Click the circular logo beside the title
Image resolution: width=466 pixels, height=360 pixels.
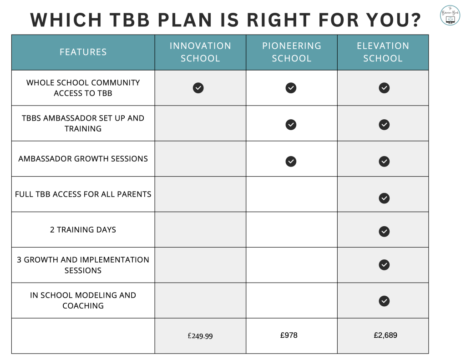pyautogui.click(x=450, y=15)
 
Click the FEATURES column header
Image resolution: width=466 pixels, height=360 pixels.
pyautogui.click(x=83, y=52)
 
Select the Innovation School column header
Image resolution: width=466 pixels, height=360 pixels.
pyautogui.click(x=200, y=52)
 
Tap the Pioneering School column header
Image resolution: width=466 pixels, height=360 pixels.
pyautogui.click(x=292, y=52)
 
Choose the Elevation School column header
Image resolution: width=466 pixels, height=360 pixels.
pyautogui.click(x=383, y=52)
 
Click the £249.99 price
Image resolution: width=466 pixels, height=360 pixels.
pyautogui.click(x=200, y=336)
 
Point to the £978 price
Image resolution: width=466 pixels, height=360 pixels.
pyautogui.click(x=289, y=335)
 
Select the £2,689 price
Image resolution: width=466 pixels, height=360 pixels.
pyautogui.click(x=385, y=335)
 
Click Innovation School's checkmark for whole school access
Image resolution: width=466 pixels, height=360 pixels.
pyautogui.click(x=198, y=88)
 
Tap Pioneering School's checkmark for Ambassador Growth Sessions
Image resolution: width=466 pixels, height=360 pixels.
pyautogui.click(x=291, y=162)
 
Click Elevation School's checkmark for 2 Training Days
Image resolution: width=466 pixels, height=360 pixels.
pyautogui.click(x=384, y=231)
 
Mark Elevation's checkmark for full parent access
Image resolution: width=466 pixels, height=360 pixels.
pyautogui.click(x=384, y=198)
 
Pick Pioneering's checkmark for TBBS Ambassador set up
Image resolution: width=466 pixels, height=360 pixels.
pyautogui.click(x=291, y=125)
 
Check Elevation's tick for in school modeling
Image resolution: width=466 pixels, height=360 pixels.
pyautogui.click(x=384, y=301)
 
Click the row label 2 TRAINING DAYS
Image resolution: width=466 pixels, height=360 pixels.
pyautogui.click(x=83, y=230)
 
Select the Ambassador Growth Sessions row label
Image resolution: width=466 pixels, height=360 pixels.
pyautogui.click(x=83, y=159)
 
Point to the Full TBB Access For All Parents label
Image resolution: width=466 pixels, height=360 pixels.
pyautogui.click(x=83, y=194)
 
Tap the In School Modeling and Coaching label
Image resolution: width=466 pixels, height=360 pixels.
pyautogui.click(x=83, y=300)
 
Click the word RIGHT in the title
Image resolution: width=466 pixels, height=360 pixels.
pyautogui.click(x=279, y=20)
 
